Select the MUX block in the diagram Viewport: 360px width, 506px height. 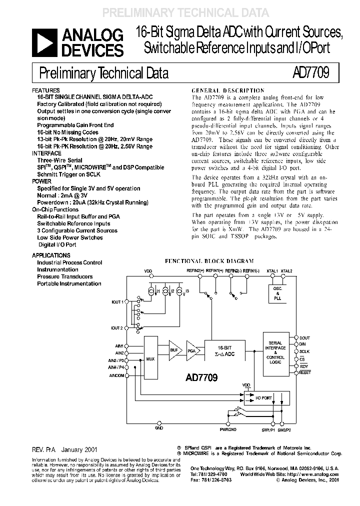(150, 358)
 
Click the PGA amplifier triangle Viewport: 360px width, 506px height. (192, 351)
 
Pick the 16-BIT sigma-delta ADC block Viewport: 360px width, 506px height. (226, 350)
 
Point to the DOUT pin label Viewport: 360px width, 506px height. (304, 338)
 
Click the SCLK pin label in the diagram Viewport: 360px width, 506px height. (304, 351)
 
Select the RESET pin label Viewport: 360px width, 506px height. (305, 372)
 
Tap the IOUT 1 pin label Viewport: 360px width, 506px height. (117, 302)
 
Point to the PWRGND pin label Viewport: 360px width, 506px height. (227, 428)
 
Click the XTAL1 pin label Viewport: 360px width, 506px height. (272, 270)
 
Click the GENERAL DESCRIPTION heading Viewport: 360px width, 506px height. (228, 90)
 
